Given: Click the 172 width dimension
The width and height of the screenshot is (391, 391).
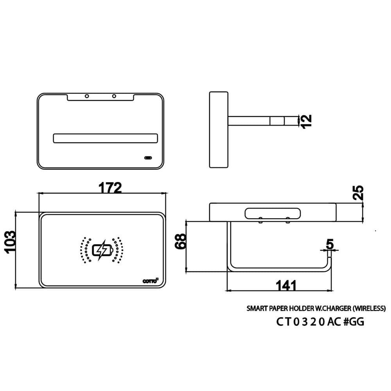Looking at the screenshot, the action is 110,188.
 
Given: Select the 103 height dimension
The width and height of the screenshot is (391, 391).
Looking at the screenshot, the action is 11,242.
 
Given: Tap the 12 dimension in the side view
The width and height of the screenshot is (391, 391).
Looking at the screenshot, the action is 307,122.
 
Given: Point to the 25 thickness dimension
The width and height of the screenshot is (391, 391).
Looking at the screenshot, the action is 358,192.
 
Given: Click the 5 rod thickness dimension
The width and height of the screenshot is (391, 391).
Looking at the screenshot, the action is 330,244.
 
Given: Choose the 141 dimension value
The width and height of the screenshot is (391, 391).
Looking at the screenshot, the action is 286,285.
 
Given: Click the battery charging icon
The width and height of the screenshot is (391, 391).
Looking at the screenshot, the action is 102,250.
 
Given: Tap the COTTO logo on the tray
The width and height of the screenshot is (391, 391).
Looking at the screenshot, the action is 151,281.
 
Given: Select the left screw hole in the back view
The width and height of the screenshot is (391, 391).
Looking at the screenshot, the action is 87,96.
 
